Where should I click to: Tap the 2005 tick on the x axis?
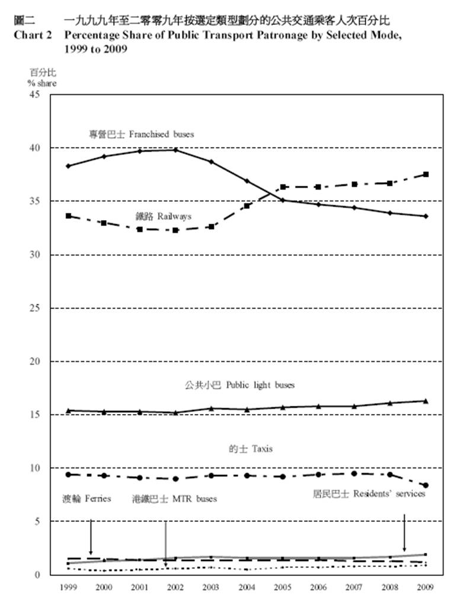coord(283,588)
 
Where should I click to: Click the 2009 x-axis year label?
coord(425,588)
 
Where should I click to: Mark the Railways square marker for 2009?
coord(425,174)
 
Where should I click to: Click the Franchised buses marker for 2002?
coord(175,150)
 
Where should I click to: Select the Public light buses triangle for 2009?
coord(425,401)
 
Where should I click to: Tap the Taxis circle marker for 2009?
coord(425,485)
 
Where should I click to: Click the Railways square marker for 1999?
coord(69,216)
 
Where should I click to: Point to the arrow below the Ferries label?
coord(91,536)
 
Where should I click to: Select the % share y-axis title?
coord(41,83)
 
